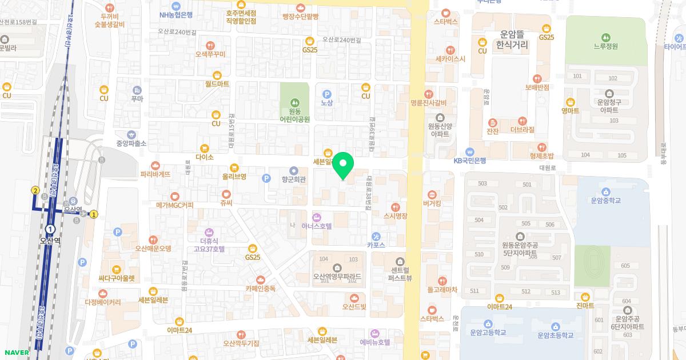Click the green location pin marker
coord(343,166)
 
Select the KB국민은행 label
coord(469,161)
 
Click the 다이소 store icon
coord(204,148)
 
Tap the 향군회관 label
coord(294,179)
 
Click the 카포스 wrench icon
coord(376,237)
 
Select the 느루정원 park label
coord(606,46)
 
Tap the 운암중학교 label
coord(606,201)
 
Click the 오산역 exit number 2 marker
coord(35,190)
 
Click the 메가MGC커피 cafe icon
coord(175,196)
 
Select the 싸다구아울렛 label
coord(116,278)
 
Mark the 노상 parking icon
coord(326,94)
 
